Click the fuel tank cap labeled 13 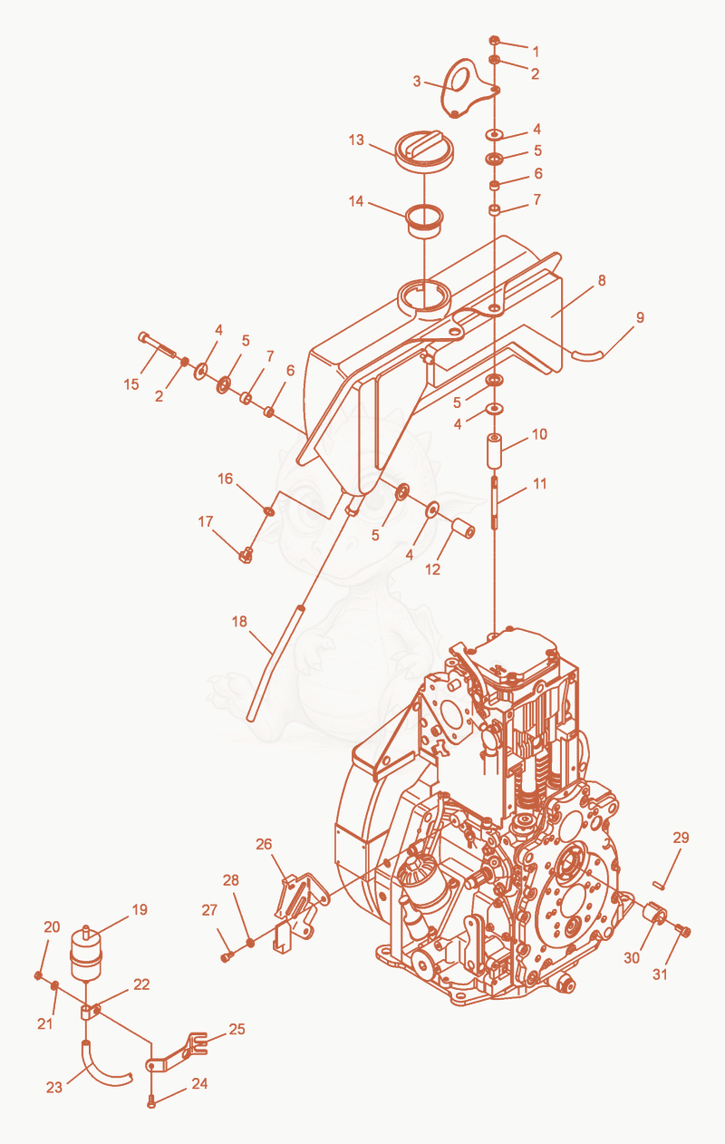[424, 150]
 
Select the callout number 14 [356, 201]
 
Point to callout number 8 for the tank [602, 280]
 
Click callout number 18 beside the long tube [239, 622]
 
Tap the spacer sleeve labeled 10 [495, 451]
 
